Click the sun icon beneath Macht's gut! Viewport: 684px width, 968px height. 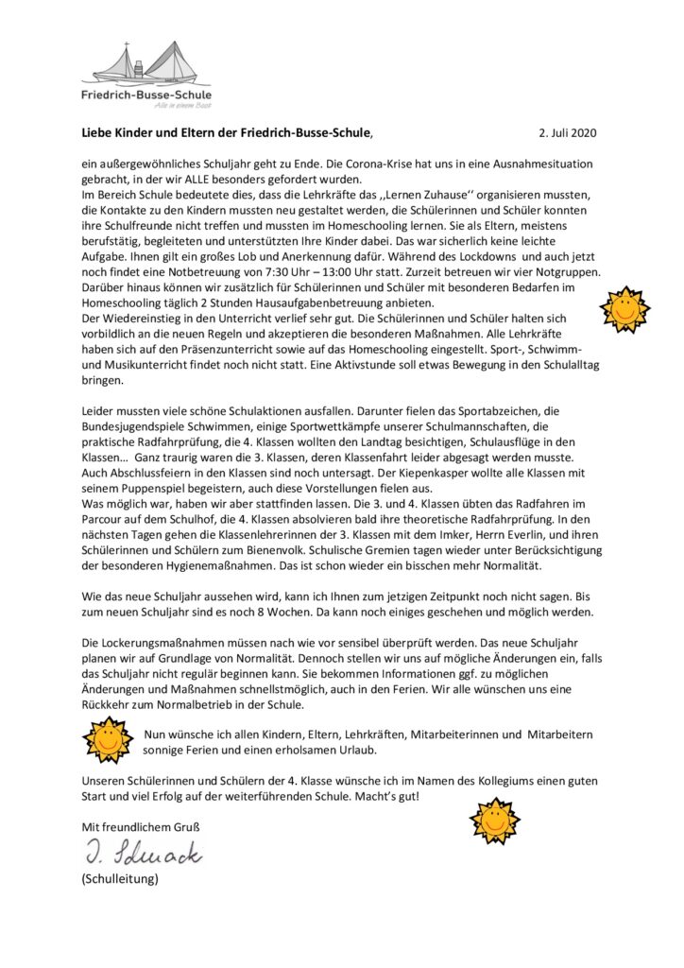pos(495,820)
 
